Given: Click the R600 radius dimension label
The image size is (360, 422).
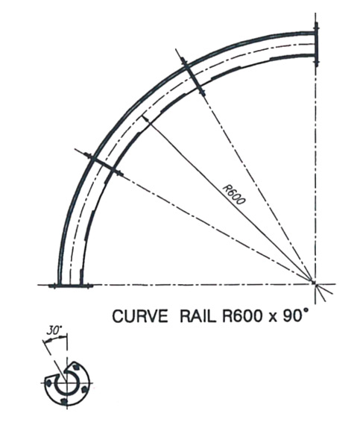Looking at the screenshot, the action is point(234,195).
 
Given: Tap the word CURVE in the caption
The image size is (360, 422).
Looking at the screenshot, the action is point(140,316).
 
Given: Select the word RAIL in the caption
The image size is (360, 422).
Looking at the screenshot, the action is point(198,316).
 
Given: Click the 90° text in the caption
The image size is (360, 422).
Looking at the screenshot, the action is point(295,315).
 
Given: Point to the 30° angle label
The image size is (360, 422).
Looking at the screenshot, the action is point(54,330).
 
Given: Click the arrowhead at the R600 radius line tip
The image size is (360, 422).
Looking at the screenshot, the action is point(145,119).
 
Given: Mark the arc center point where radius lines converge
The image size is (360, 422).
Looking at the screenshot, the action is point(314,282).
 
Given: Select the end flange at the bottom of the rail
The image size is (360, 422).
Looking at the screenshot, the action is point(71,286).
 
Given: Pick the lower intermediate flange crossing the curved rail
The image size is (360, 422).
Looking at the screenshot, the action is point(104,164).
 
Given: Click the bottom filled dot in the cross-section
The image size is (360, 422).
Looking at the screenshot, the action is point(64,401).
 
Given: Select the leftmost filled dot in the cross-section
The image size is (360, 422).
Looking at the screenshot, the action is point(48,382).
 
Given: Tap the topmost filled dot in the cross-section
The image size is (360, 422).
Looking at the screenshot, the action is point(78,367).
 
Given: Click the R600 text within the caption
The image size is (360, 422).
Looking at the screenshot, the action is point(241,316).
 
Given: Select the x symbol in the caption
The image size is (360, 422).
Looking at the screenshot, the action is point(272,318).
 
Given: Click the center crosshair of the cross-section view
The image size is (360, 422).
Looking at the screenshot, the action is point(67,382).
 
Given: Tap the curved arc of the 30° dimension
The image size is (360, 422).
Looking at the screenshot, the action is point(55,337).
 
